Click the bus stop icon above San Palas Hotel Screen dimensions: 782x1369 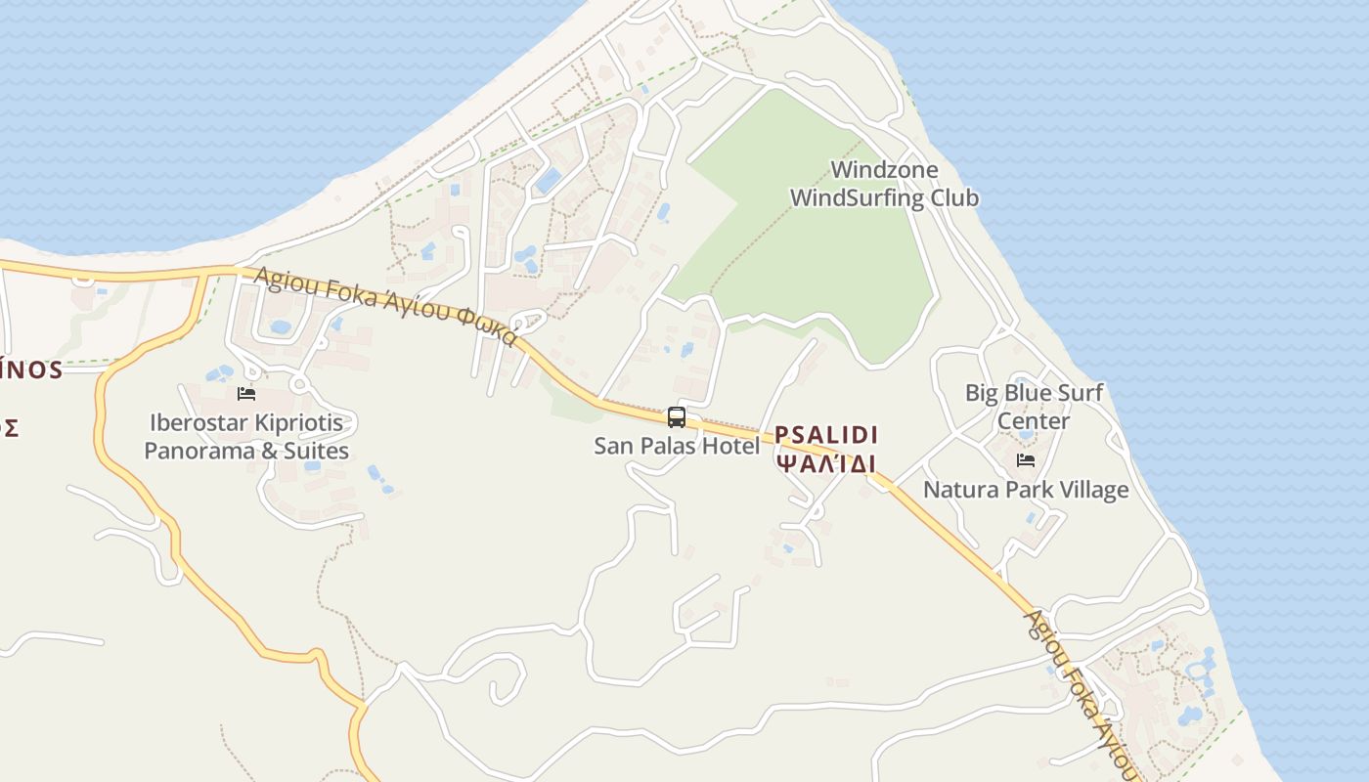click(x=676, y=417)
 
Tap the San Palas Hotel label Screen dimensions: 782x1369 click(x=677, y=446)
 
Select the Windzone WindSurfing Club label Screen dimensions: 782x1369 click(x=884, y=184)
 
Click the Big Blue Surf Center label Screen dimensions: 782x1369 click(x=1034, y=407)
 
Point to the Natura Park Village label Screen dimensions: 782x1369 click(x=1026, y=489)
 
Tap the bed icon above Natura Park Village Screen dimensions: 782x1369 click(x=1026, y=460)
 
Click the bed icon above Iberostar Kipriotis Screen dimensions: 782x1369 click(x=246, y=394)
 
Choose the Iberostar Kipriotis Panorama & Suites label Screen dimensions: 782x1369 click(x=246, y=437)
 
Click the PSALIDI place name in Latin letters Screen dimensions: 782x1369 click(x=826, y=435)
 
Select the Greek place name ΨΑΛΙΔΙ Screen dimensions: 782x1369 click(x=826, y=463)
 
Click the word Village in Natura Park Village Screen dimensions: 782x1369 click(x=1093, y=489)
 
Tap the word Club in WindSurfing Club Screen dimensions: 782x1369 click(x=954, y=198)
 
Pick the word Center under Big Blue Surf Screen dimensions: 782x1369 click(x=1034, y=421)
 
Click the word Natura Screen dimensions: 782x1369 click(x=960, y=489)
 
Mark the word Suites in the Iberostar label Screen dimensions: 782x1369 click(x=316, y=452)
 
